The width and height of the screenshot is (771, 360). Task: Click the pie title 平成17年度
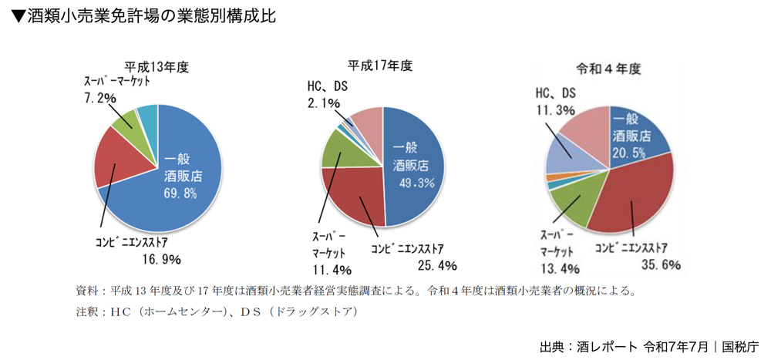(382, 66)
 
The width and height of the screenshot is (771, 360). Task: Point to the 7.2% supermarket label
(99, 98)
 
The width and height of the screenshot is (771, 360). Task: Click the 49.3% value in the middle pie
(416, 182)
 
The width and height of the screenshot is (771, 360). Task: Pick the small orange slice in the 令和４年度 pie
(550, 178)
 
